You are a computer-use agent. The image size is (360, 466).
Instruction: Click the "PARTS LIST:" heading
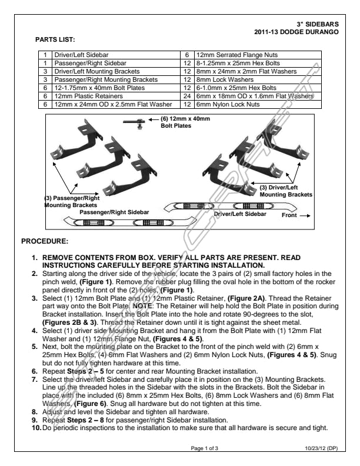(x=55, y=39)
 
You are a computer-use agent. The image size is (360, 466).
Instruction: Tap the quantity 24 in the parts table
(x=187, y=96)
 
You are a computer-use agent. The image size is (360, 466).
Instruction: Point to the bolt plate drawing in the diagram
(x=134, y=123)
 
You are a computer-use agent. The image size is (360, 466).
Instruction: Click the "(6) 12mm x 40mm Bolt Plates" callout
(x=185, y=122)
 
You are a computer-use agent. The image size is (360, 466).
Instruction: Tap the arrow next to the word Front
(x=305, y=215)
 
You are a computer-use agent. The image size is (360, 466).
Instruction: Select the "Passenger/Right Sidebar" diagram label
(x=114, y=212)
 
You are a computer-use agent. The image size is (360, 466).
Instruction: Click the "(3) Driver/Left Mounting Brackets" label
(x=286, y=191)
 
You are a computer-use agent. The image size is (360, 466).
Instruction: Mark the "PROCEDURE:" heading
(x=45, y=241)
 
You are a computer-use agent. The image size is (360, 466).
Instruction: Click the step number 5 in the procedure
(x=35, y=347)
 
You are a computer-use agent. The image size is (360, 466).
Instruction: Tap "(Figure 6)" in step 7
(x=91, y=404)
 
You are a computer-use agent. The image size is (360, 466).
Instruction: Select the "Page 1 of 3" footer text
(x=204, y=448)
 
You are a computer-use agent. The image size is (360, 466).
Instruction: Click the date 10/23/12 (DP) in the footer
(x=321, y=448)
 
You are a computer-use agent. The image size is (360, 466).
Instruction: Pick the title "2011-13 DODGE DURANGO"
(x=296, y=32)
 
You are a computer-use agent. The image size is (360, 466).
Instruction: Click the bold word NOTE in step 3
(x=142, y=306)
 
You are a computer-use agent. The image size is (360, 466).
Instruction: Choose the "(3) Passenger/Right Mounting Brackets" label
(x=72, y=201)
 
